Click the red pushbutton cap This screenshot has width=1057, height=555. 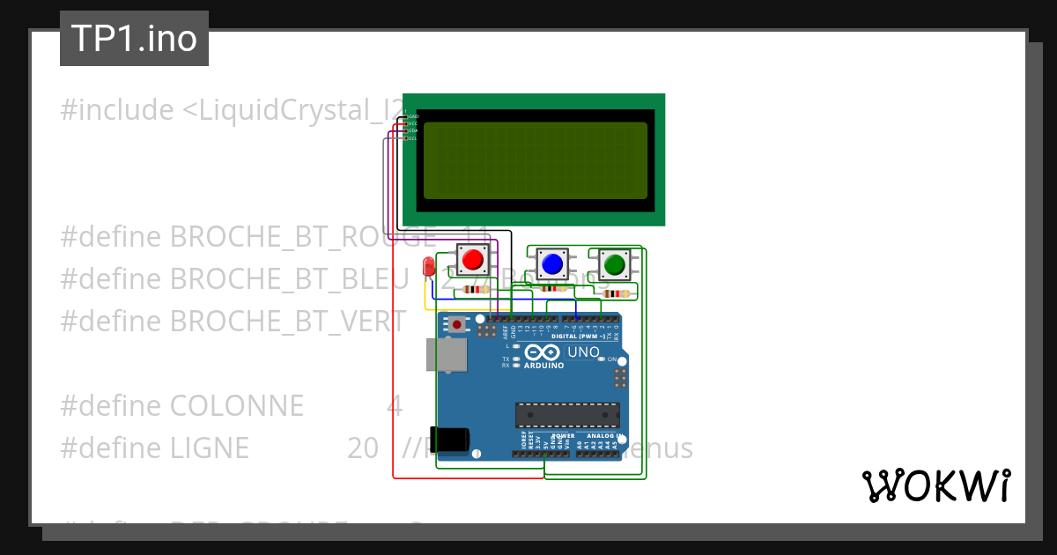(472, 260)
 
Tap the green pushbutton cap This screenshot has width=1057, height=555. (613, 263)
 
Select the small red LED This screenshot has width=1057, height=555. (429, 266)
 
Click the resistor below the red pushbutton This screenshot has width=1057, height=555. (476, 289)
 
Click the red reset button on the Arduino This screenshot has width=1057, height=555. (457, 324)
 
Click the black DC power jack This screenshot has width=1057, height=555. (453, 439)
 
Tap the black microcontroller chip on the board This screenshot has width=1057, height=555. (567, 414)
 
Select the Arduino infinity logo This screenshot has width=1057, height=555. (542, 353)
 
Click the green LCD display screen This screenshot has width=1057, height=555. (536, 160)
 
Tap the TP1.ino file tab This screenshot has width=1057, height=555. (134, 39)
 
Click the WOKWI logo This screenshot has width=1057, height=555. (935, 485)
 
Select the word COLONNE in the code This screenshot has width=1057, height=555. (236, 406)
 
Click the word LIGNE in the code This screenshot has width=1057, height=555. (210, 448)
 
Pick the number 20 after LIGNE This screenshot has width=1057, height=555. (362, 448)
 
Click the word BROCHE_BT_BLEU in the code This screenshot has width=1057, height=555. (289, 278)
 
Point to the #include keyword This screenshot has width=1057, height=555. (116, 111)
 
